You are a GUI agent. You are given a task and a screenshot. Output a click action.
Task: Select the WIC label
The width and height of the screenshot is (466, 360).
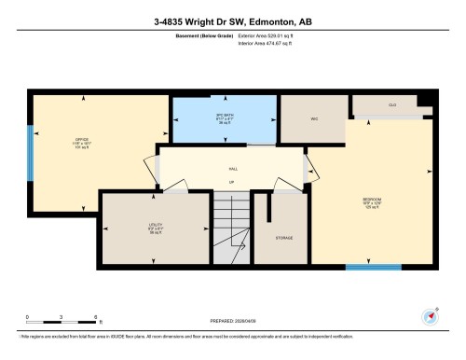tap(315, 118)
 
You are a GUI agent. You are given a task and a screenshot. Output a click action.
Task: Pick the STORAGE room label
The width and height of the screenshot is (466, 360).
tap(284, 238)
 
